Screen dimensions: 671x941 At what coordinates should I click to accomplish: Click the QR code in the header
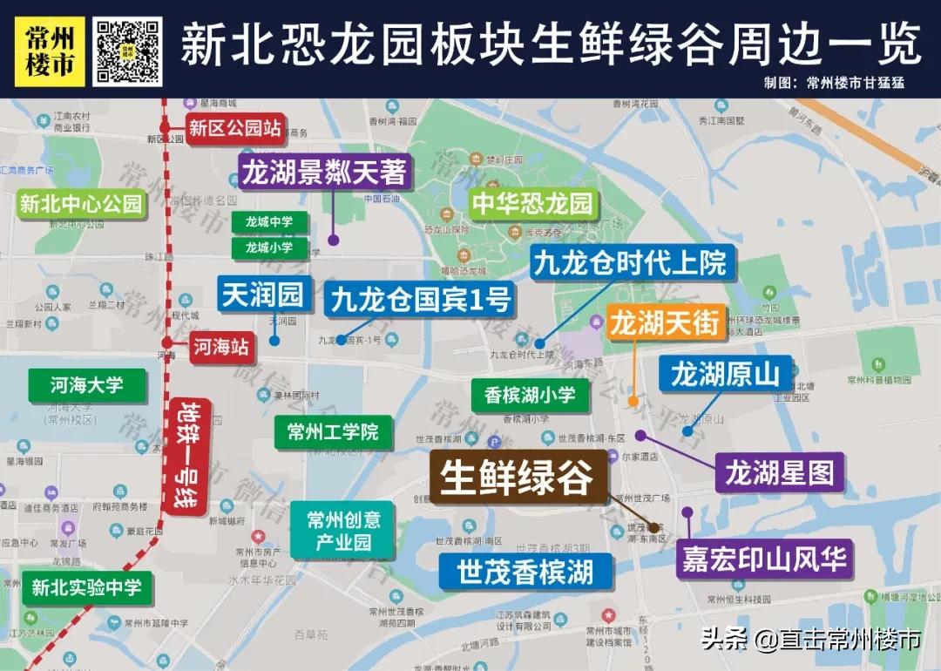[128, 51]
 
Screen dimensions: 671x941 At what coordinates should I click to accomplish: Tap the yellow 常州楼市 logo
[50, 51]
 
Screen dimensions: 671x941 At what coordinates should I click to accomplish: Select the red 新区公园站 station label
[235, 129]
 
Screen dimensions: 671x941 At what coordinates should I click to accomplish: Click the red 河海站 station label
[221, 348]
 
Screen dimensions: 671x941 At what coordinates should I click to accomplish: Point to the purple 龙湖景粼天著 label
[324, 173]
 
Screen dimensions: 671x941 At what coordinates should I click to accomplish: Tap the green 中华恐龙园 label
[532, 204]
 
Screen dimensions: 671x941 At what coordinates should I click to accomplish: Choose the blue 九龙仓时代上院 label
[630, 262]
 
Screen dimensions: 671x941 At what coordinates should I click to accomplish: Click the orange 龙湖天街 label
[666, 324]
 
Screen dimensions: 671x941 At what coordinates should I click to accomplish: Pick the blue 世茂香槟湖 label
[525, 572]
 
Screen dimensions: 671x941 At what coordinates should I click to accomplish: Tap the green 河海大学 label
[86, 384]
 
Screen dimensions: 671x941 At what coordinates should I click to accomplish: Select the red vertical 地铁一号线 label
[188, 455]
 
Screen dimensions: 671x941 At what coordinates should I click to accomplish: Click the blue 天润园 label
[262, 295]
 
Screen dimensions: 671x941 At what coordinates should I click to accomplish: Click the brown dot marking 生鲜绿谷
[653, 527]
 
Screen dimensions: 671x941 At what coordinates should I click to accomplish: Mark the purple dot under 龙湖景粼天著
[333, 240]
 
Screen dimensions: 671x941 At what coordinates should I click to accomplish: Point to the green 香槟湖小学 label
[530, 395]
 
